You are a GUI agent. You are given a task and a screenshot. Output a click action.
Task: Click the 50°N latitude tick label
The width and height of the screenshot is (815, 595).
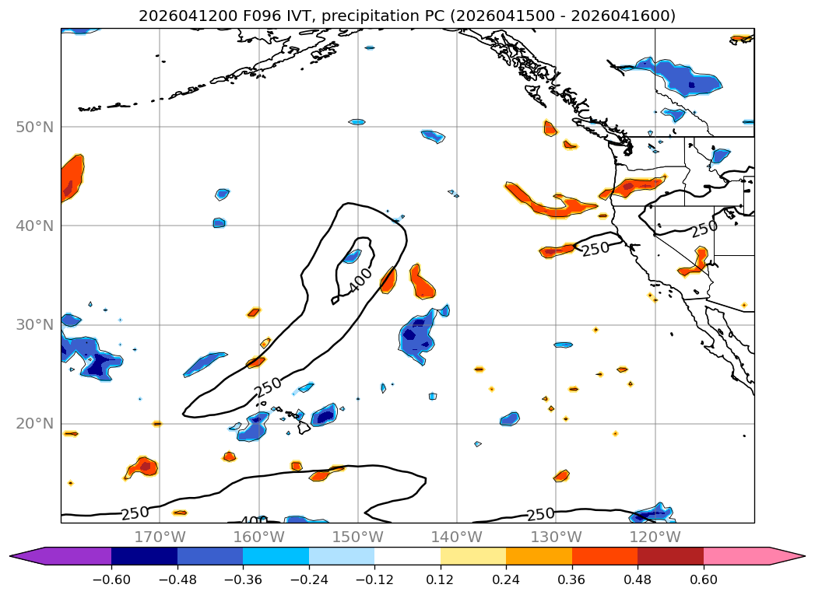click(x=35, y=128)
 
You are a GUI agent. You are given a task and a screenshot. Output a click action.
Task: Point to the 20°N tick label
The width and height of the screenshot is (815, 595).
click(x=35, y=424)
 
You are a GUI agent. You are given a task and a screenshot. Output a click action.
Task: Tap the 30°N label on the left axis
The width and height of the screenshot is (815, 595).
click(x=35, y=325)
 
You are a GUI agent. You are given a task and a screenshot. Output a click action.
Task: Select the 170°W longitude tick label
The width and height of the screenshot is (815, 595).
click(x=160, y=537)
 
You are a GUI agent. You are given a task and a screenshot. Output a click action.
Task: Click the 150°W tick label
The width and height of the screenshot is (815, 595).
click(x=357, y=537)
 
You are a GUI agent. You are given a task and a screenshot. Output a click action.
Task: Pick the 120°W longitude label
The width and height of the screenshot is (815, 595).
click(x=655, y=537)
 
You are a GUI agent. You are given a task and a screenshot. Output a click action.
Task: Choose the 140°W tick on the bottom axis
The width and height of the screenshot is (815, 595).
click(x=457, y=537)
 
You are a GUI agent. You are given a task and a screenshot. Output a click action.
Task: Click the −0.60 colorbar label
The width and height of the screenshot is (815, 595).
click(x=111, y=579)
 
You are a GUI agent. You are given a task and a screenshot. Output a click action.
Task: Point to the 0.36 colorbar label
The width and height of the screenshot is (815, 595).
click(x=572, y=579)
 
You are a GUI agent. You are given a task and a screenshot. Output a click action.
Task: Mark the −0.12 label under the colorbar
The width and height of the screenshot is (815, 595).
click(x=374, y=579)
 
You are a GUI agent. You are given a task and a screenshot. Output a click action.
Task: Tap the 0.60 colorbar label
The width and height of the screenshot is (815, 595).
click(x=703, y=579)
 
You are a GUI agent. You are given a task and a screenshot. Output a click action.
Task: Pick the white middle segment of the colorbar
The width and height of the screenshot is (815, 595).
click(x=408, y=556)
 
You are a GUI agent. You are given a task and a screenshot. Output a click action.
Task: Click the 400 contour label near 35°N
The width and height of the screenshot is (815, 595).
click(x=360, y=279)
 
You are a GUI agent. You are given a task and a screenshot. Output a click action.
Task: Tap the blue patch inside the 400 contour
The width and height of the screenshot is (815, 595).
click(x=352, y=256)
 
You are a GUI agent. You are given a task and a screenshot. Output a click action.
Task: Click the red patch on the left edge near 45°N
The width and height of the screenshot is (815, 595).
click(x=72, y=178)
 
